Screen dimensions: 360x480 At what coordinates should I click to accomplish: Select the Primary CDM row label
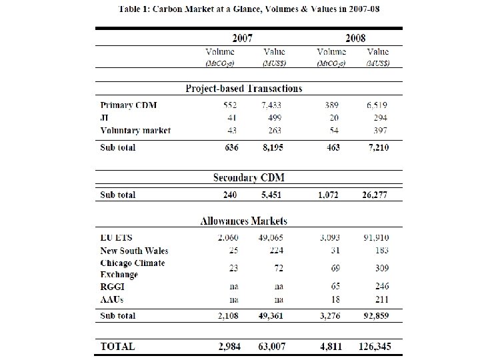[x=129, y=105]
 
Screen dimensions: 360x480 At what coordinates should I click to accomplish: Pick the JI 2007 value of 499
[x=275, y=117]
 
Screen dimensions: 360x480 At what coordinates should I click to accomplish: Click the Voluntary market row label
[x=135, y=130]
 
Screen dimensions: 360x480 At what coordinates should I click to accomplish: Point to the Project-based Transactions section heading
[x=243, y=88]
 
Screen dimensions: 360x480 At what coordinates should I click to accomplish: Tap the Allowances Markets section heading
[x=243, y=221]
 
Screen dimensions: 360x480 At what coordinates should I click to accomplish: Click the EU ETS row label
[x=117, y=238]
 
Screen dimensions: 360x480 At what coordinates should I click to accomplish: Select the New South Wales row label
[x=134, y=251]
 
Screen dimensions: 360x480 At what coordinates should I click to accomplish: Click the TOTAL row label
[x=117, y=347]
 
